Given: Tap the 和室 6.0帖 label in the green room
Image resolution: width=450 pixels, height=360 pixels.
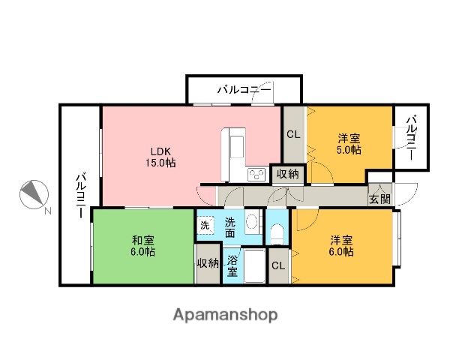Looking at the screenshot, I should (x=143, y=246).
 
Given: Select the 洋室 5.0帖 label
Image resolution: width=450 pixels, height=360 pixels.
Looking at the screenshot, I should (x=348, y=143).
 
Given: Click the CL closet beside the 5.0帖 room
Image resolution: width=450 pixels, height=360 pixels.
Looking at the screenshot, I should (x=292, y=135).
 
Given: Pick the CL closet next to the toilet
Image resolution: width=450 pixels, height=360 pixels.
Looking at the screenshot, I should (x=277, y=266).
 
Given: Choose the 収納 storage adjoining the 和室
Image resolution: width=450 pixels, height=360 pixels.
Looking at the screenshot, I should (x=207, y=262).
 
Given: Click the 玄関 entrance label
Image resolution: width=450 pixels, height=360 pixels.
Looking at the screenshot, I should (x=379, y=199).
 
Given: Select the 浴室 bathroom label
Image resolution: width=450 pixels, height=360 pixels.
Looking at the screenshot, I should (x=232, y=264).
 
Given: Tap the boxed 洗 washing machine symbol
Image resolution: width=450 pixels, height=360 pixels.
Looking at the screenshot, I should (x=205, y=225).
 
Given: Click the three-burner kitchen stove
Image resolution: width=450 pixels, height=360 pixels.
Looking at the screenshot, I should (x=256, y=174).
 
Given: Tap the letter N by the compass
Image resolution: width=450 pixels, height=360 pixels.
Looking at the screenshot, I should (x=47, y=212).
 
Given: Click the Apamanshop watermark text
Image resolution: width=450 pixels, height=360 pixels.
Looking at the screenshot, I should (x=225, y=315).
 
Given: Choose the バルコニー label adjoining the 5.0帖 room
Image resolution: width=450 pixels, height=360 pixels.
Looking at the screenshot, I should (x=412, y=139).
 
